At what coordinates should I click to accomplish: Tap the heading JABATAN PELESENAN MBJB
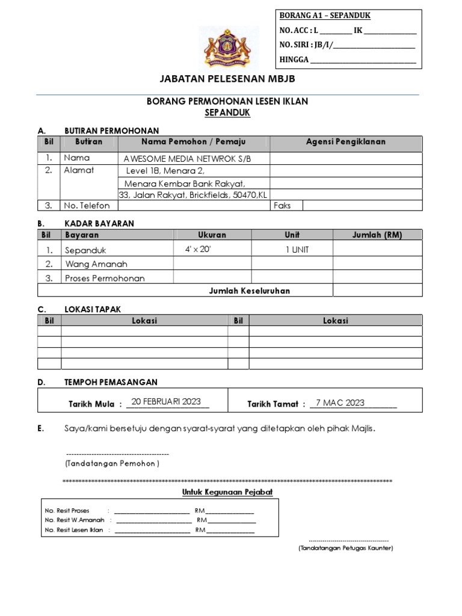[x=227, y=79]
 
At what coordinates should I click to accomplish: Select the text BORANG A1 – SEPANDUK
[x=324, y=16]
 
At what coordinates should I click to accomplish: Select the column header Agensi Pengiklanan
[x=346, y=142]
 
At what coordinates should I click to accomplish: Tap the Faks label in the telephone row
[x=282, y=205]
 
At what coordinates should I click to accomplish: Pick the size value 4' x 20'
[x=198, y=249]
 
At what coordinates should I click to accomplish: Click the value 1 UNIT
[x=297, y=249]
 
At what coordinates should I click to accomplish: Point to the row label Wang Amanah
[x=96, y=264]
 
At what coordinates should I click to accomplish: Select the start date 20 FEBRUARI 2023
[x=166, y=402]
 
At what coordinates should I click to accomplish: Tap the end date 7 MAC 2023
[x=340, y=402]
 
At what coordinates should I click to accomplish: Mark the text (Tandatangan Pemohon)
[x=112, y=464]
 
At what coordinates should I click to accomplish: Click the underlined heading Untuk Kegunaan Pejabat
[x=227, y=492]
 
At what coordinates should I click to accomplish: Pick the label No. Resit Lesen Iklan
[x=74, y=531]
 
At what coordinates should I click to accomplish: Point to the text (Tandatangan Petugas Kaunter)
[x=345, y=549]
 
